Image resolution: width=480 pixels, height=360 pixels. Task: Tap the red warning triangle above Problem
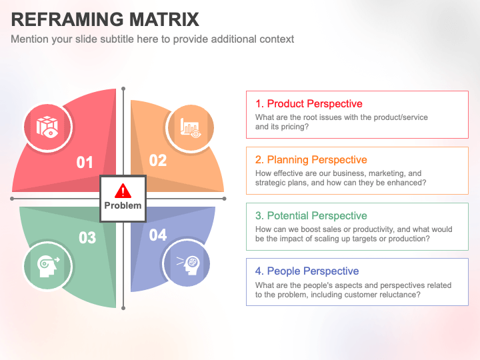[x=123, y=191]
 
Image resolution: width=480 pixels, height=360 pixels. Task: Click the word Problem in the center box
[x=123, y=206]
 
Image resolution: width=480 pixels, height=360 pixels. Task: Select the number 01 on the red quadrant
[x=85, y=162]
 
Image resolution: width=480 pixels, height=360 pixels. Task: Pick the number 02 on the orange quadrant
[x=158, y=160]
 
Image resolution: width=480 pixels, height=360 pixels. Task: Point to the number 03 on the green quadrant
[x=87, y=238]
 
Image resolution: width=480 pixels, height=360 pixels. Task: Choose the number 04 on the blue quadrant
[x=158, y=235]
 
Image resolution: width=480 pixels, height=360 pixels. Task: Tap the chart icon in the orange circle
[x=189, y=127]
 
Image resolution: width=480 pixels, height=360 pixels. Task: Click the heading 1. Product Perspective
[x=309, y=104]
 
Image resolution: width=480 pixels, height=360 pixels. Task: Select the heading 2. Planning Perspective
[x=311, y=160]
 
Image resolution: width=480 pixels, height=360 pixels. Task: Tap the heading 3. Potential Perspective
[x=311, y=216]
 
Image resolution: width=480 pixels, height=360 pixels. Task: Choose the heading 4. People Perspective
[x=307, y=271]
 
